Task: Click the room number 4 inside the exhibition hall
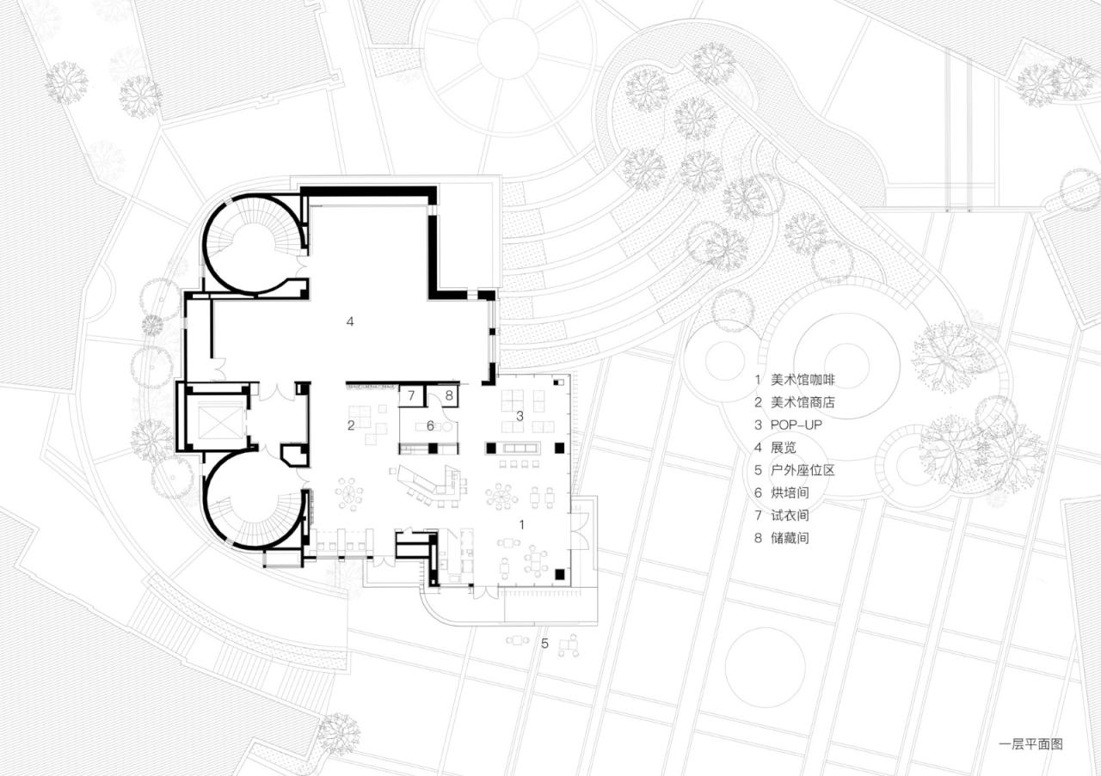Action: [349, 321]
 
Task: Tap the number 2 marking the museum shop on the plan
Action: [351, 425]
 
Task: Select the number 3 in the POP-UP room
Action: [519, 416]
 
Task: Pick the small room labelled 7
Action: [412, 396]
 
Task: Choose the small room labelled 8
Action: [448, 396]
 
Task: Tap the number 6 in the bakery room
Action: [430, 425]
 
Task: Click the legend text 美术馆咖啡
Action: [803, 379]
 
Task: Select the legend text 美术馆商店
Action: [803, 402]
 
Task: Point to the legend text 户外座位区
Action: [803, 470]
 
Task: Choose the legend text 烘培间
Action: [790, 493]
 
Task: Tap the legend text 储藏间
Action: [790, 539]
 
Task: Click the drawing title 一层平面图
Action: [1030, 744]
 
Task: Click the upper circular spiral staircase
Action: [252, 243]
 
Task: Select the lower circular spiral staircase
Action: [252, 500]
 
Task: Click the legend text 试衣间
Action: [790, 516]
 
